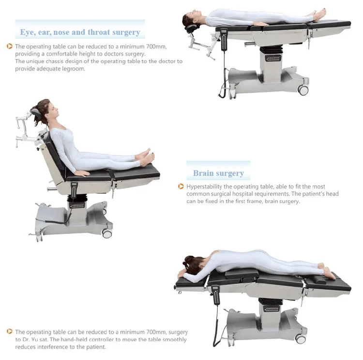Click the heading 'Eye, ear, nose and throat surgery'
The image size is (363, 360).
pyautogui.click(x=80, y=32)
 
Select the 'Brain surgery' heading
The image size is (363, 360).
pyautogui.click(x=218, y=173)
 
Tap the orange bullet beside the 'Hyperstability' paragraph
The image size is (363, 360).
pyautogui.click(x=181, y=187)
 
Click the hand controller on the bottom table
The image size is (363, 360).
pyautogui.click(x=215, y=296)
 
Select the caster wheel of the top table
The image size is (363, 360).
pyautogui.click(x=303, y=90)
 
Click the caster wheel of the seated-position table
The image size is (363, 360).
pyautogui.click(x=107, y=234)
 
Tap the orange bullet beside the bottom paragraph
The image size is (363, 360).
pyautogui.click(x=10, y=332)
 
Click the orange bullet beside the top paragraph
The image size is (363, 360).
pyautogui.click(x=10, y=47)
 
